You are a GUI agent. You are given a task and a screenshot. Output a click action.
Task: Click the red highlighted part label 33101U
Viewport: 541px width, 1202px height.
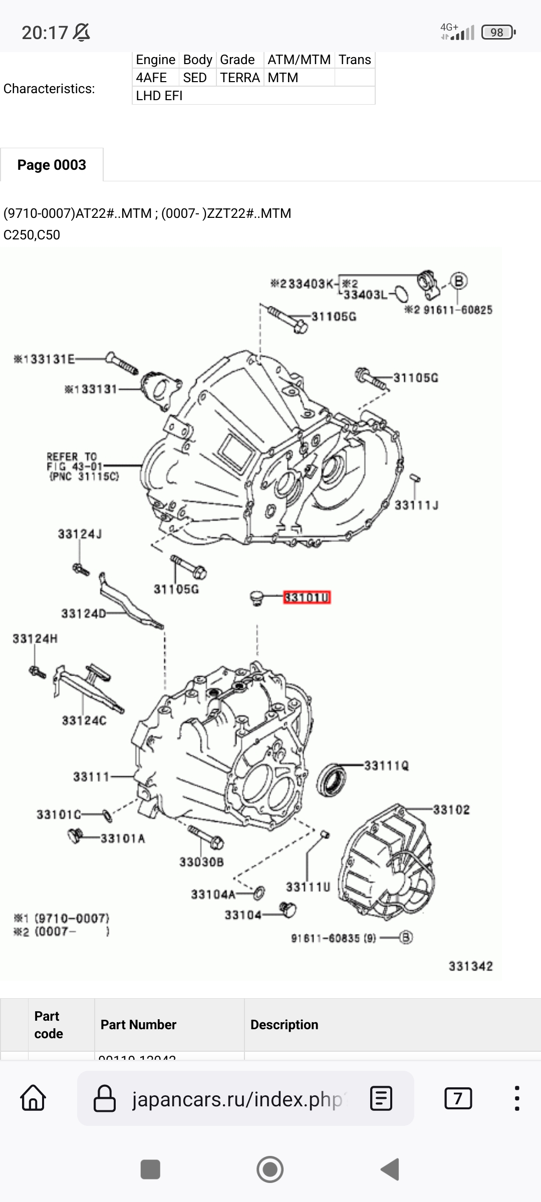point(307,597)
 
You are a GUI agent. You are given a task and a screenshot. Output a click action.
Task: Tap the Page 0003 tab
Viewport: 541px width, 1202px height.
point(52,165)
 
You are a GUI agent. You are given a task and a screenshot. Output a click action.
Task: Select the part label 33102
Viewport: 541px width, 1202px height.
point(451,810)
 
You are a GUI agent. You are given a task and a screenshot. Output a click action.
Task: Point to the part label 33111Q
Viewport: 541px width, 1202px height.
point(386,766)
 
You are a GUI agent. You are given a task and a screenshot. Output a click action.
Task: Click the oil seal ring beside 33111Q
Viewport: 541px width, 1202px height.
point(331,779)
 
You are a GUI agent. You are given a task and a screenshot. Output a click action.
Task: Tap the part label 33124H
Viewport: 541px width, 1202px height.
point(35,639)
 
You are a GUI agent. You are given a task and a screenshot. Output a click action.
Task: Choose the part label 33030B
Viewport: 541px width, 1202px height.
point(201,862)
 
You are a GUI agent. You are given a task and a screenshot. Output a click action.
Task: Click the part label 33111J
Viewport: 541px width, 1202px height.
point(416,505)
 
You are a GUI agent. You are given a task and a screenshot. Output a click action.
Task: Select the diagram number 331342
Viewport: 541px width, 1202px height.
point(470,966)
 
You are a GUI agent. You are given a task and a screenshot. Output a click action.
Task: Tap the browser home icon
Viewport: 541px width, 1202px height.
point(33,1098)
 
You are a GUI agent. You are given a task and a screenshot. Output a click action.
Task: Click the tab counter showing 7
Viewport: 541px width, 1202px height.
point(458,1098)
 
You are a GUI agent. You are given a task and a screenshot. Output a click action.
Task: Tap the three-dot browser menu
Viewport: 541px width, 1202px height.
point(517,1098)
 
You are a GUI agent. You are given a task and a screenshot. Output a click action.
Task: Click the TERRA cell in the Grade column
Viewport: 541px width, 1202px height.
point(240,78)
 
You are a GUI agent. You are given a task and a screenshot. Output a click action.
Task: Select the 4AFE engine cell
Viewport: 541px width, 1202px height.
point(151,78)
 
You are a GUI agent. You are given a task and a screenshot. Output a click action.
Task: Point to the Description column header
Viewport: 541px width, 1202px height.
point(284,1025)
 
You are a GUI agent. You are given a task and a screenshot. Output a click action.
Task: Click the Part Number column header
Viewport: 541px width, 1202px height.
point(138,1025)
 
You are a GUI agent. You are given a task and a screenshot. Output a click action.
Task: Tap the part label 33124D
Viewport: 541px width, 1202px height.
point(84,614)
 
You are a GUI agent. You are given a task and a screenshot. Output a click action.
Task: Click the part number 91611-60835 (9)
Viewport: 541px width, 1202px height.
point(333,938)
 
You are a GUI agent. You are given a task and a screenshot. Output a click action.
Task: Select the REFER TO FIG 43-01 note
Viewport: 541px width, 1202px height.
point(83,466)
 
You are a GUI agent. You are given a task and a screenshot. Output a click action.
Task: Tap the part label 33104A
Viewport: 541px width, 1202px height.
point(213,894)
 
